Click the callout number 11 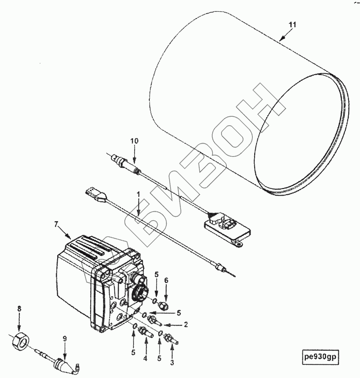pyautogui.click(x=292, y=25)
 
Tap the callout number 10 pyautogui.click(x=135, y=141)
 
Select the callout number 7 pyautogui.click(x=56, y=224)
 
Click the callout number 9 pyautogui.click(x=65, y=339)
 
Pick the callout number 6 pyautogui.click(x=166, y=280)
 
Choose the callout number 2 pyautogui.click(x=186, y=325)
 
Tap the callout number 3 pyautogui.click(x=172, y=362)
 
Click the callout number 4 pyautogui.click(x=145, y=359)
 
